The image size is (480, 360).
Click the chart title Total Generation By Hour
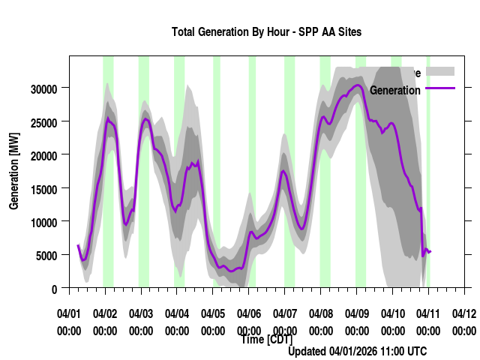pyautogui.click(x=266, y=32)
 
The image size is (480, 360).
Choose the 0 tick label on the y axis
pyautogui.click(x=54, y=289)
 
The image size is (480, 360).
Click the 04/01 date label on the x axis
pyautogui.click(x=69, y=313)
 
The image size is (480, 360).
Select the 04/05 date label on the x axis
pyautogui.click(x=213, y=313)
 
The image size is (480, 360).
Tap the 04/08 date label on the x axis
pyautogui.click(x=321, y=313)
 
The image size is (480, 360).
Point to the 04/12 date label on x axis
pyautogui.click(x=464, y=313)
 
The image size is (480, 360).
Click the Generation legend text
pyautogui.click(x=395, y=90)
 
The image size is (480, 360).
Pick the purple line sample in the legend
pyautogui.click(x=440, y=89)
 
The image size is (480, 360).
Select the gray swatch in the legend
pyautogui.click(x=440, y=71)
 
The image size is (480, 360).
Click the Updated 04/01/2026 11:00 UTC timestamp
pyautogui.click(x=358, y=351)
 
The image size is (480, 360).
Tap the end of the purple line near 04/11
pyautogui.click(x=430, y=251)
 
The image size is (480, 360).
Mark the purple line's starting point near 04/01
pyautogui.click(x=77, y=245)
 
